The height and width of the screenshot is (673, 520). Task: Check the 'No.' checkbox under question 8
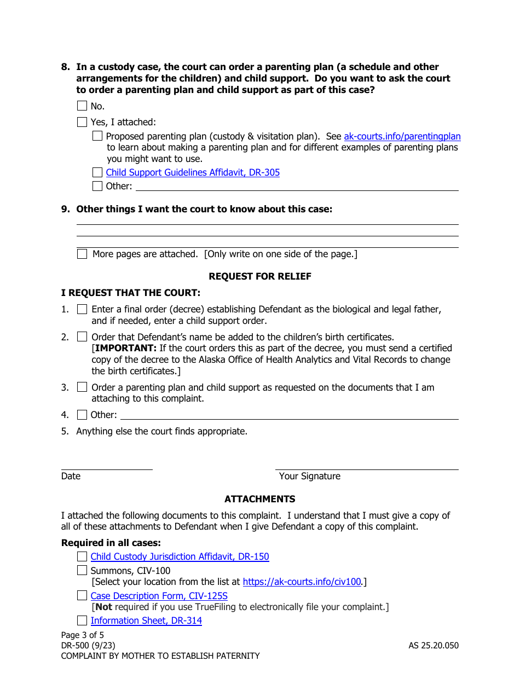point(82,106)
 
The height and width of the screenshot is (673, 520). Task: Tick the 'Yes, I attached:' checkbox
point(82,122)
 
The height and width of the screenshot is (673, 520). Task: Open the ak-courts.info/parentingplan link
point(402,136)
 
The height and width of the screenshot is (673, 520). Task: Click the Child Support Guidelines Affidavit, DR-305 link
point(193,172)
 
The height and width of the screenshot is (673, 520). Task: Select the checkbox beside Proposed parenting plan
point(97,136)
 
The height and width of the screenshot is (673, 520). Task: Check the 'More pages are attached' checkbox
point(82,254)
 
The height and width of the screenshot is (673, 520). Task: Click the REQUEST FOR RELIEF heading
point(260,276)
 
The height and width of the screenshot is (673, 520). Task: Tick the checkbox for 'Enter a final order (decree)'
point(82,309)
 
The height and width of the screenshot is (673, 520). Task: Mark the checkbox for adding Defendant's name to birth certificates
point(82,337)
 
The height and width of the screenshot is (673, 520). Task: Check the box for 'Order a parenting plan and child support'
point(82,387)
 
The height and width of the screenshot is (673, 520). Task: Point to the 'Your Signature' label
point(309,476)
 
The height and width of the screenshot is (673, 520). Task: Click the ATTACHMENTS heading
point(260,499)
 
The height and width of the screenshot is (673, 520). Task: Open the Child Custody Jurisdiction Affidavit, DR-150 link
point(180,556)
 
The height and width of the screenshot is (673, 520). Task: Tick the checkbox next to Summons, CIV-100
point(82,571)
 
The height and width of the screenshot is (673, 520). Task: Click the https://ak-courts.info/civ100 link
point(302,582)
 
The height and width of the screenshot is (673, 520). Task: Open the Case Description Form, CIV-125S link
point(159,596)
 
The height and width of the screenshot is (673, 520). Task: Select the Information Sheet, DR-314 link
point(146,620)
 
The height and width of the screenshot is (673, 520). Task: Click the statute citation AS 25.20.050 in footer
point(434,646)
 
